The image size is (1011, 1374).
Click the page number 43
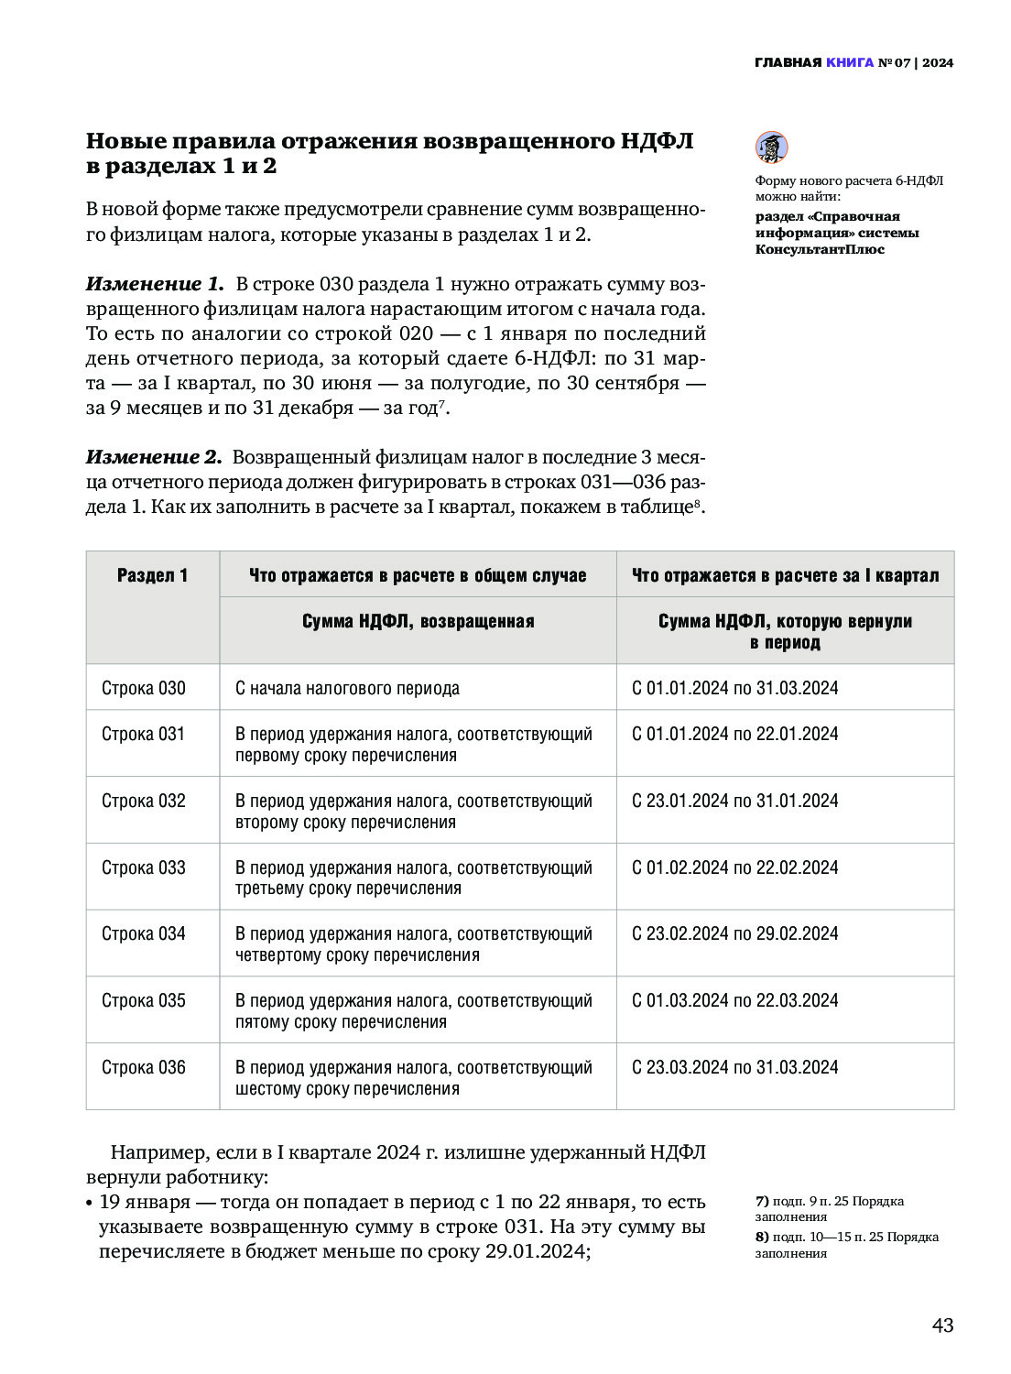(942, 1325)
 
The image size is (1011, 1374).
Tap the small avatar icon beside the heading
(771, 147)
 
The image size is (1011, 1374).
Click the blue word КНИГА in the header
(850, 63)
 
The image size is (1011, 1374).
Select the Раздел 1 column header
(152, 575)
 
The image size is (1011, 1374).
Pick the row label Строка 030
(144, 688)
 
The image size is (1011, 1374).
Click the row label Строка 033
(144, 867)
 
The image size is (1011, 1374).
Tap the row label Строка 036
(144, 1067)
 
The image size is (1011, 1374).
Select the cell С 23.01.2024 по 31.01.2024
(735, 801)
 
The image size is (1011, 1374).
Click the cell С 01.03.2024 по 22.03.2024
(735, 1000)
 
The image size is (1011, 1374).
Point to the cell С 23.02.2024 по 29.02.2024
(735, 933)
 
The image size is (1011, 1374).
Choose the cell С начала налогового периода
(347, 688)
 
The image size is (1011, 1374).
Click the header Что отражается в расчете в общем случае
(418, 575)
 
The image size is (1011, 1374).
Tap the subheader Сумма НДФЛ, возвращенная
(418, 621)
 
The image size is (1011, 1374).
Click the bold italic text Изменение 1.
(154, 284)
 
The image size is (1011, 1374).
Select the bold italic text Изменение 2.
(154, 457)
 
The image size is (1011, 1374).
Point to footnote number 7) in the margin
(762, 1201)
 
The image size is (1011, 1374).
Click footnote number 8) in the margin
(762, 1237)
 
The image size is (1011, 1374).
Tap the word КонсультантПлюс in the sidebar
(820, 249)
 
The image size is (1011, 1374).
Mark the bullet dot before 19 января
(89, 1203)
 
